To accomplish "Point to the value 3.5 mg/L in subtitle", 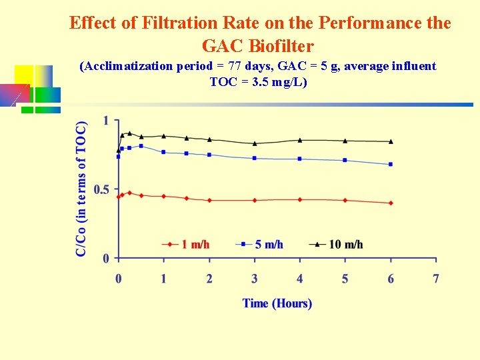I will tap(274, 82).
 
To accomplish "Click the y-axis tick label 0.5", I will tap(101, 190).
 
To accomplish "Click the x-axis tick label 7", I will tap(436, 279).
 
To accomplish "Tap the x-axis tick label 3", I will tap(255, 279).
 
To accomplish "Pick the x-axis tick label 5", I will tap(345, 279).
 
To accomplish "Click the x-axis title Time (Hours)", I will tap(277, 303).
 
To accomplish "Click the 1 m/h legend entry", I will tap(186, 245).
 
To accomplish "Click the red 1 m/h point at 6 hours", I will tap(391, 203).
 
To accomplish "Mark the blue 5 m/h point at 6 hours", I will tap(391, 164).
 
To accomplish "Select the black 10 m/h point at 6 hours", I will tap(391, 141).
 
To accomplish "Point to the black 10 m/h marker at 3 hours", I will tap(255, 143).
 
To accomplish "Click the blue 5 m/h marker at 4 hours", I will tap(300, 159).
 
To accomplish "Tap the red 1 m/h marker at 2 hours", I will tap(209, 200).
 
